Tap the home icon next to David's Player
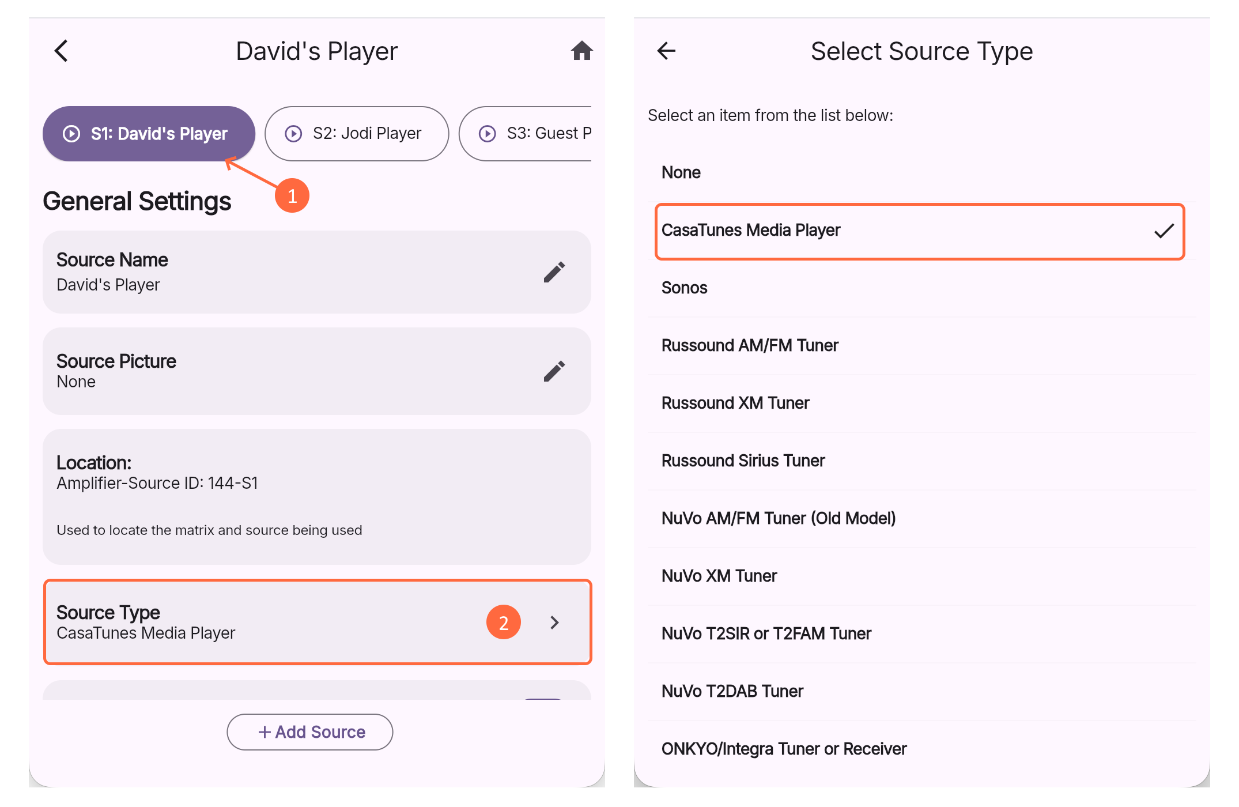pyautogui.click(x=581, y=51)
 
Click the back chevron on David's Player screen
pyautogui.click(x=62, y=51)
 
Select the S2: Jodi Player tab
pyautogui.click(x=357, y=134)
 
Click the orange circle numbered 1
pyautogui.click(x=292, y=196)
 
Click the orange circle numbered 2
pyautogui.click(x=504, y=623)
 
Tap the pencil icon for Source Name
pyautogui.click(x=554, y=272)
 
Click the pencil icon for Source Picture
pyautogui.click(x=554, y=371)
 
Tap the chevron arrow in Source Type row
pyautogui.click(x=554, y=623)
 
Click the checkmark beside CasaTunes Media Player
pyautogui.click(x=1164, y=231)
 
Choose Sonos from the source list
pyautogui.click(x=684, y=288)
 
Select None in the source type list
pyautogui.click(x=681, y=172)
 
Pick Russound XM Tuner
pyautogui.click(x=735, y=403)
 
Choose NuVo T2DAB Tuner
pyautogui.click(x=732, y=691)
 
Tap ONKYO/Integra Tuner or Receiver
pyautogui.click(x=784, y=749)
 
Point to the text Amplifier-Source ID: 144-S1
pyautogui.click(x=157, y=483)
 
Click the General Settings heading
pyautogui.click(x=137, y=201)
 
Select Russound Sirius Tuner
pyautogui.click(x=743, y=461)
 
